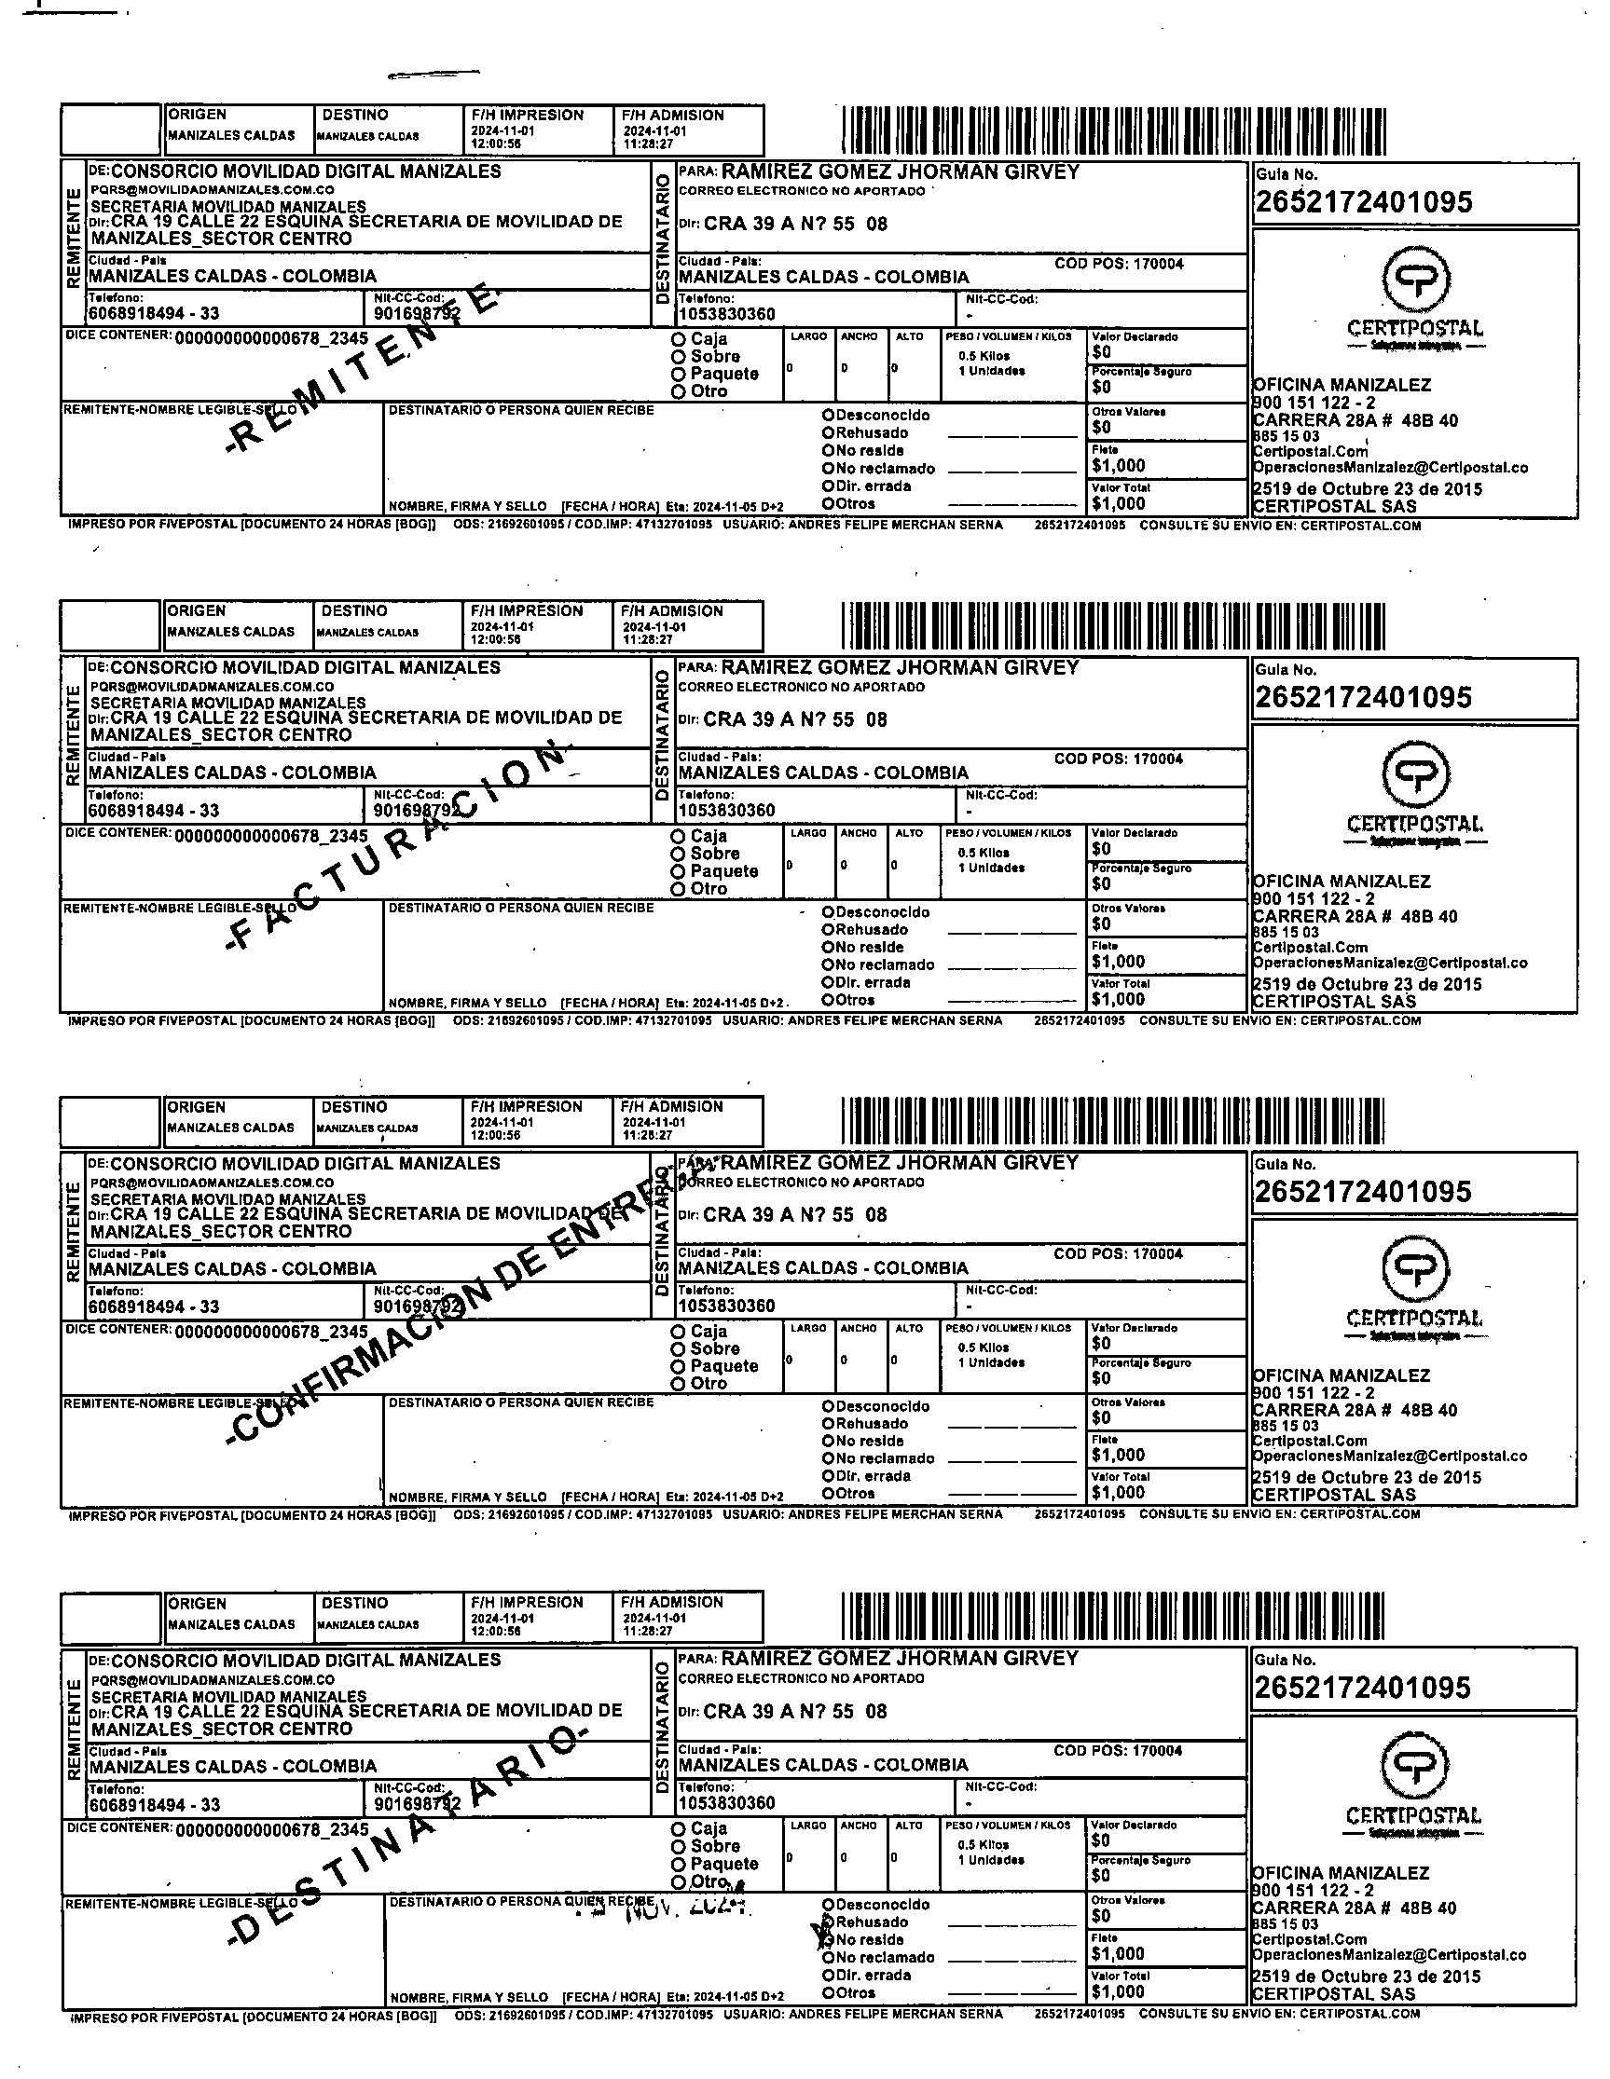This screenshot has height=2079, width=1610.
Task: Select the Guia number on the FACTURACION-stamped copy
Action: coord(1363,698)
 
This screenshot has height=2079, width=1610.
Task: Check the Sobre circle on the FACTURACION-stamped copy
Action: coord(678,854)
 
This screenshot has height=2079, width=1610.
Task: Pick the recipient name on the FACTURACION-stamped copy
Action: coord(900,667)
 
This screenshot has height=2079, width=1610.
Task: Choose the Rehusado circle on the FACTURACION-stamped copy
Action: coord(829,930)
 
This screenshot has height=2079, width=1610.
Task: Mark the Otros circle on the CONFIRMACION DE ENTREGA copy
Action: coord(829,1493)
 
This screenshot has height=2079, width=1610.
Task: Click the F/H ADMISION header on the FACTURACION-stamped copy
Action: coord(671,611)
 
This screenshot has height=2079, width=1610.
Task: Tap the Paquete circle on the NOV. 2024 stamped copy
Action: coord(678,1864)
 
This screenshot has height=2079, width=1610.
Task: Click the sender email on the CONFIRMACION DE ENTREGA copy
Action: coord(213,1183)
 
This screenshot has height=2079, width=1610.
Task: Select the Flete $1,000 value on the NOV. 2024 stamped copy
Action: coord(1118,1954)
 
